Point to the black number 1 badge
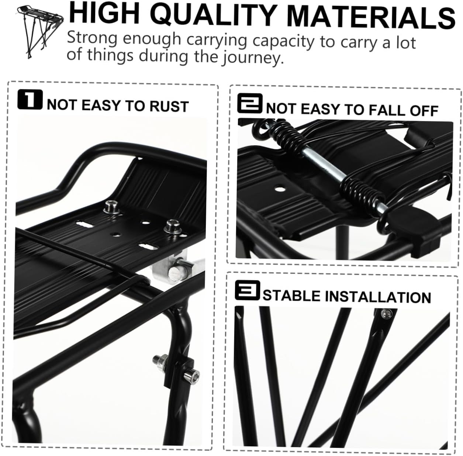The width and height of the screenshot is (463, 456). (x=30, y=100)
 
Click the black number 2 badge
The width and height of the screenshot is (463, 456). (x=250, y=104)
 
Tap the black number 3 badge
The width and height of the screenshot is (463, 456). (x=247, y=290)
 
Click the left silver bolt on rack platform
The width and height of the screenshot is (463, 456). (x=110, y=208)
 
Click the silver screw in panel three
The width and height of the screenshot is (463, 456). (x=386, y=314)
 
